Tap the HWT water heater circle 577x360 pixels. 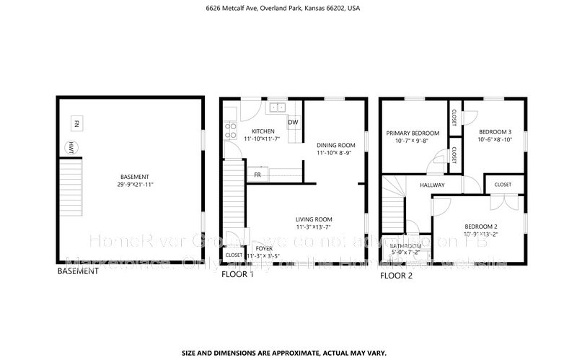coord(72,148)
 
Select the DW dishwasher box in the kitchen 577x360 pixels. coord(294,122)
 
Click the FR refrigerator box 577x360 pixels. coord(257,175)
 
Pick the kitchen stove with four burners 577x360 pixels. coord(231,130)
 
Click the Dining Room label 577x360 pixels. coord(336,144)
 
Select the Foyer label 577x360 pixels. coord(264,248)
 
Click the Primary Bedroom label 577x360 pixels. coord(413,133)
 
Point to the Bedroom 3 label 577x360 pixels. coord(495,131)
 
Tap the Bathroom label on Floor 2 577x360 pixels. coord(405,246)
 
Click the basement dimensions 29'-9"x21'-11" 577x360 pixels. coord(135,185)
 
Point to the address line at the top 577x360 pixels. coord(288,9)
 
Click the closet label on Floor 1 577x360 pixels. coord(234,255)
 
